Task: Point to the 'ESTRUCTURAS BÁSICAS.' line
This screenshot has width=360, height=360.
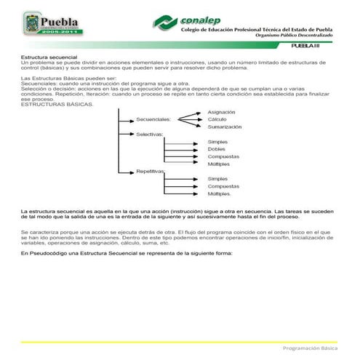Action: point(57,104)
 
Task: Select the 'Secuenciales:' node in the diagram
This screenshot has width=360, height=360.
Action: point(153,120)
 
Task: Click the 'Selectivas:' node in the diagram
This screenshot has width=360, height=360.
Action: point(149,135)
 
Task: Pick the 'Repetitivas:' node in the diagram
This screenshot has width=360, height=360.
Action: point(151,171)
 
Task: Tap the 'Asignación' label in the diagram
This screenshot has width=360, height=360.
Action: point(221,112)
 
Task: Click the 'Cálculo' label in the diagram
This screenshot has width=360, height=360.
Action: point(217,119)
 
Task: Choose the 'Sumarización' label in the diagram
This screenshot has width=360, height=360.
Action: point(224,127)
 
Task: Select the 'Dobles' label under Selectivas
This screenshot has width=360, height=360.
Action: point(217,149)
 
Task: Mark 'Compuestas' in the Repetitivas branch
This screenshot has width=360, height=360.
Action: point(223,186)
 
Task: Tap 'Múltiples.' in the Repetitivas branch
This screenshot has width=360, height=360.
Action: point(220,194)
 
